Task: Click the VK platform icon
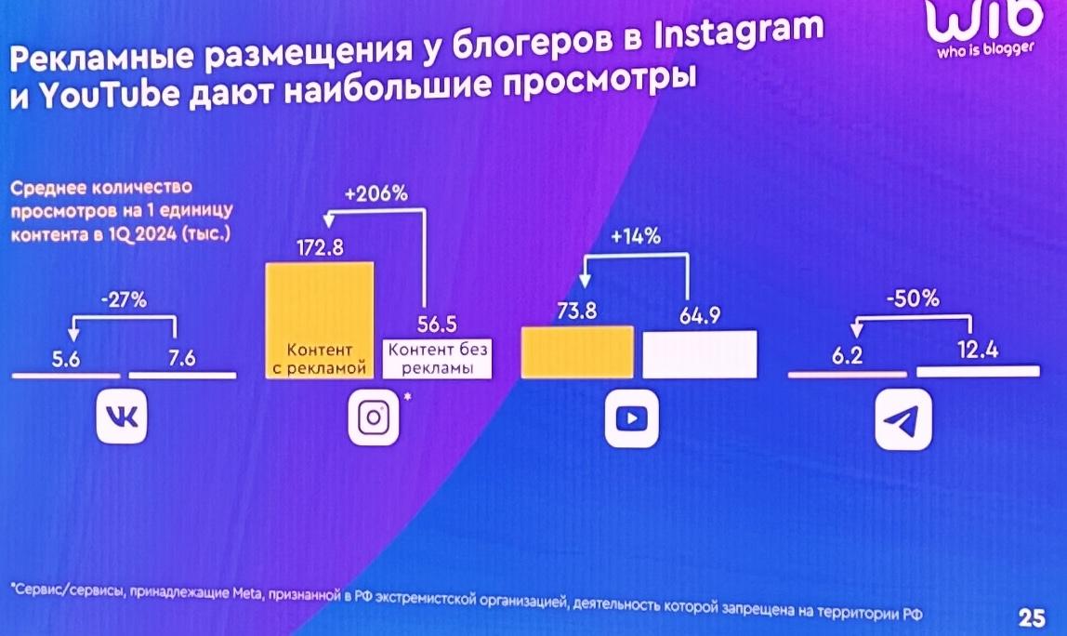coord(122,418)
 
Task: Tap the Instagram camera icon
coord(373,419)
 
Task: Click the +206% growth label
coord(376,194)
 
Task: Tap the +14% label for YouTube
coord(637,237)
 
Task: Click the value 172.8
coord(320,248)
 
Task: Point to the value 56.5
coord(436,326)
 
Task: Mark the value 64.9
coord(701,315)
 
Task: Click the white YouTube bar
coord(700,353)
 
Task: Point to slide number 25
coord(1032,617)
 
